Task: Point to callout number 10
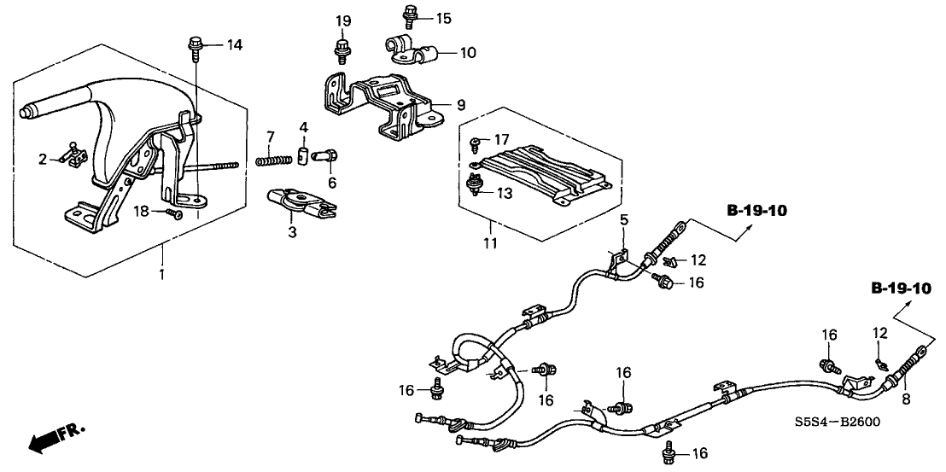click(467, 53)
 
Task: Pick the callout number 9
click(460, 105)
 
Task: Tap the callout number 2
click(43, 159)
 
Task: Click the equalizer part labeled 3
click(299, 201)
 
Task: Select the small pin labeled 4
click(303, 155)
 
